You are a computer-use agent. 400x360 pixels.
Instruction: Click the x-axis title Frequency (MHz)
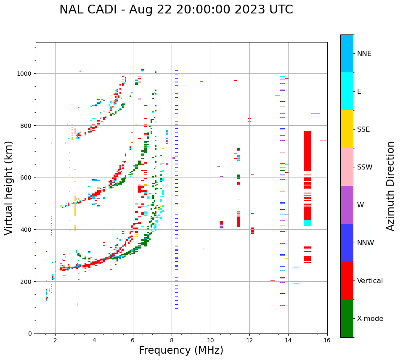pos(181,350)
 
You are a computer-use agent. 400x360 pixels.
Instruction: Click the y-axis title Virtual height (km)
pos(9,188)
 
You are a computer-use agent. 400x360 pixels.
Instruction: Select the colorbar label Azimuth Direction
pos(391,186)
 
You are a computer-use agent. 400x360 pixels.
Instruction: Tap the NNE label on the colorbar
pos(364,54)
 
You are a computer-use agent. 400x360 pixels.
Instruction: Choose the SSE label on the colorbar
pos(363,130)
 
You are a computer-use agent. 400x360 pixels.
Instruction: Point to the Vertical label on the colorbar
pos(370,281)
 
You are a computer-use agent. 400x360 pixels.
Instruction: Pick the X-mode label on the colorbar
pos(370,319)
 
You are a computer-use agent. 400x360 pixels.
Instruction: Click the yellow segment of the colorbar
pos(347,129)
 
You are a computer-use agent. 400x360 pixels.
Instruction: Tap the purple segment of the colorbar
pos(347,205)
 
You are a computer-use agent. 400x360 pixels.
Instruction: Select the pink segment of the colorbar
pos(347,167)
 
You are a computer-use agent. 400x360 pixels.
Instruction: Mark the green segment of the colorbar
pos(347,318)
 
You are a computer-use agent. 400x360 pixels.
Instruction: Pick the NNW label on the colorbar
pos(366,243)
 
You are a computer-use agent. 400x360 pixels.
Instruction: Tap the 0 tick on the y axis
pos(30,334)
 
